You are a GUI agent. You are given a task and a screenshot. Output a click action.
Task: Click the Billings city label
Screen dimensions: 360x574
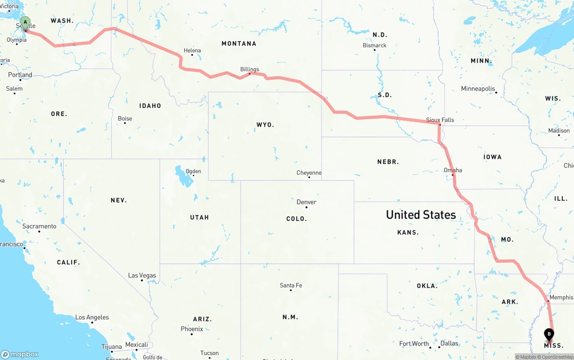[x=249, y=69]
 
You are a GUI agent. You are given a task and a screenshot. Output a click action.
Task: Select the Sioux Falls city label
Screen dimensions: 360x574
[x=440, y=120]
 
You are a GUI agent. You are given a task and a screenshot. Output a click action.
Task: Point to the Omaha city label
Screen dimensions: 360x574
[x=452, y=170]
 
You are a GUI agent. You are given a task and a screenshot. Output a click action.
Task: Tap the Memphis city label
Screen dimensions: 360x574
[x=561, y=297]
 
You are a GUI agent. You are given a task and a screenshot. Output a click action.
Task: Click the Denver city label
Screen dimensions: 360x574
[x=306, y=202]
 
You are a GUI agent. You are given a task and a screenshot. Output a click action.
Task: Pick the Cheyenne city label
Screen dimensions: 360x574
[x=309, y=173]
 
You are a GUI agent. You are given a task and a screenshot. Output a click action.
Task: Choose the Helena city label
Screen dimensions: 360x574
[x=192, y=51]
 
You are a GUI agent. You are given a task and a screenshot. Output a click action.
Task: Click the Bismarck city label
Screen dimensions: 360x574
[x=374, y=45]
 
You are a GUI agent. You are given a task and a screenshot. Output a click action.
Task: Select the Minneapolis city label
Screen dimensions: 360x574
[x=478, y=89]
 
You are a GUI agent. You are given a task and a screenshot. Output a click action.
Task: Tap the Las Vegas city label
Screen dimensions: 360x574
[x=142, y=275]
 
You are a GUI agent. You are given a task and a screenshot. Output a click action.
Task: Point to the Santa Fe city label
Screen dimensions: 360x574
[x=291, y=285]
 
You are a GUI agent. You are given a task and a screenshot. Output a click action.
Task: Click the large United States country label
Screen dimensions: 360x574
[x=421, y=215]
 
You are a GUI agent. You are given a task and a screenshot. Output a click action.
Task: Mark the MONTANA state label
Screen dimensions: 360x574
[x=239, y=43]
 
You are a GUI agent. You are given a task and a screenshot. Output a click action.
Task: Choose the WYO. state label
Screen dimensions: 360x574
[x=265, y=125]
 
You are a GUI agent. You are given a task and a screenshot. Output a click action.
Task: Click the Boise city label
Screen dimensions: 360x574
[x=125, y=118]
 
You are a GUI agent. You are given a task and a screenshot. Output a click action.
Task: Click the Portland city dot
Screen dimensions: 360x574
[x=20, y=80]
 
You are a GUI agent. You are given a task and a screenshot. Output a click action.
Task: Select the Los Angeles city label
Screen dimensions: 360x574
[x=92, y=317]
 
